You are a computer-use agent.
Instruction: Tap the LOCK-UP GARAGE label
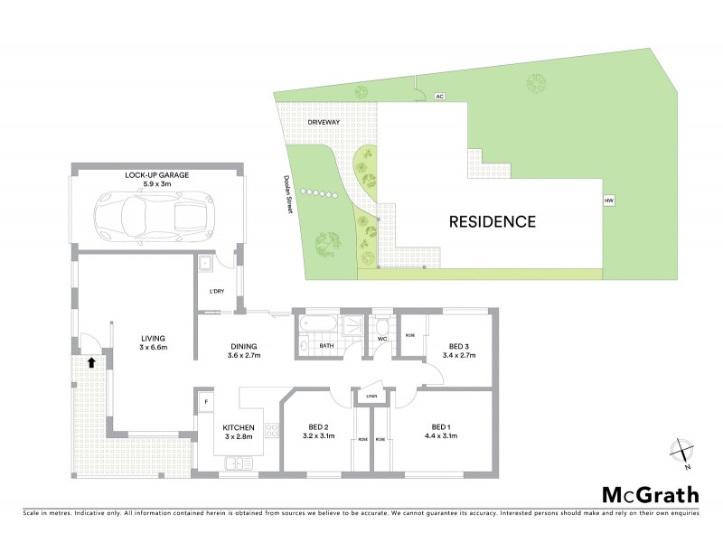[x=157, y=174]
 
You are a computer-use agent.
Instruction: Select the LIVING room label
[x=154, y=342]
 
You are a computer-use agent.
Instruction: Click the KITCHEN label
[x=239, y=433]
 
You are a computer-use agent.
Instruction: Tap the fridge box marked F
[x=206, y=400]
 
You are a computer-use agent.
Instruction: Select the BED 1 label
[x=440, y=432]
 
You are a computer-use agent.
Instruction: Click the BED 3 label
[x=459, y=350]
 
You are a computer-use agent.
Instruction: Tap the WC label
[x=382, y=341]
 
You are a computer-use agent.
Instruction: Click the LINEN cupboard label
[x=371, y=397]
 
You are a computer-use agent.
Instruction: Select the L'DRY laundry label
[x=216, y=291]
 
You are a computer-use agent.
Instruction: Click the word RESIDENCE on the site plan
[x=492, y=221]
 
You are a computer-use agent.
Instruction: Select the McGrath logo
[x=650, y=493]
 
